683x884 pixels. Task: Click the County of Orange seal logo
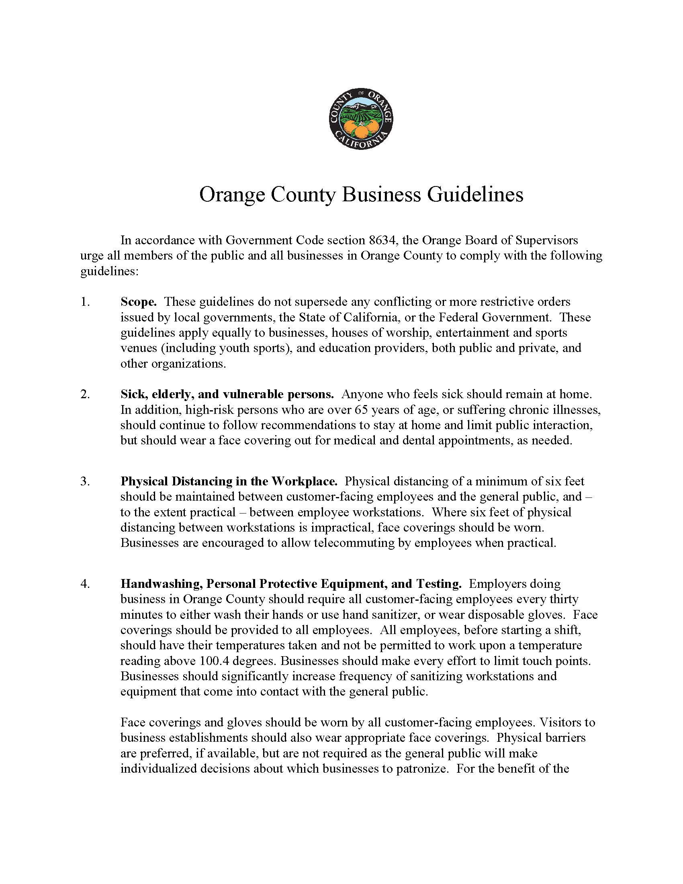[x=361, y=119]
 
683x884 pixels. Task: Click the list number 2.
[x=84, y=394]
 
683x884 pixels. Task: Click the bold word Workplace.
[x=304, y=481]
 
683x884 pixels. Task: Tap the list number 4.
[x=84, y=584]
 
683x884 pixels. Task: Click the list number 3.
[x=84, y=481]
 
